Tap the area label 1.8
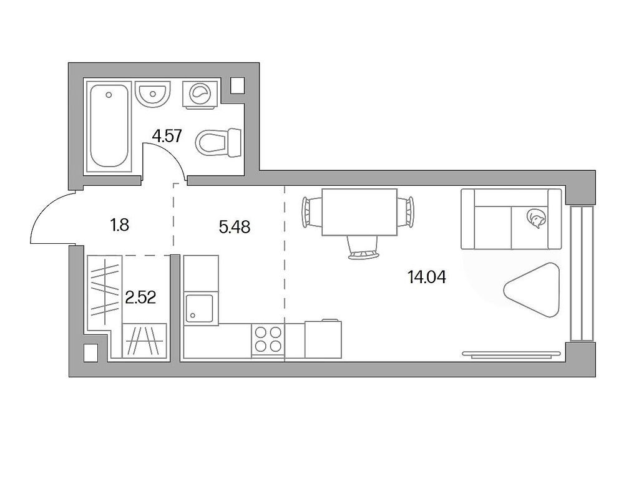119,225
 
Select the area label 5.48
235,228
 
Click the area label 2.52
140,298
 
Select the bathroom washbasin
153,95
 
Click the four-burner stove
268,340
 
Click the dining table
359,212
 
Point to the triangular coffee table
531,289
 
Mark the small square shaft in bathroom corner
238,85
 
